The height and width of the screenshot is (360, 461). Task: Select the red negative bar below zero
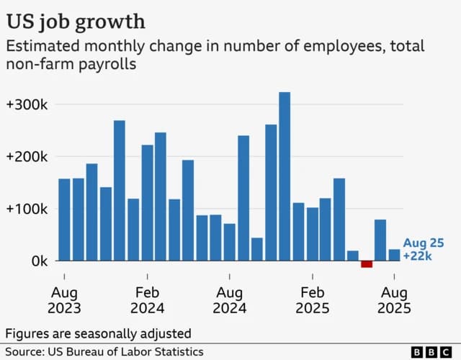coord(367,264)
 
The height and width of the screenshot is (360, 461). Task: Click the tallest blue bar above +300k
coord(285,176)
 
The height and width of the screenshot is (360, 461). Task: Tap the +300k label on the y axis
coord(27,104)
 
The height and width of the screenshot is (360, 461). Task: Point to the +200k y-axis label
coord(27,157)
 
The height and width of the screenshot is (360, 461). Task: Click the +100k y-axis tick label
coord(27,210)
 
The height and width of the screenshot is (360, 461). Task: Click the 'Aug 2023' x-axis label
coord(64,300)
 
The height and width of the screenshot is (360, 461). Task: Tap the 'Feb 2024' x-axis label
coord(147,300)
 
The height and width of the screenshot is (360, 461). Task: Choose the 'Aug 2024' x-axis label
coord(230,300)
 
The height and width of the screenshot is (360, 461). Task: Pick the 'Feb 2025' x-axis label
coord(313,300)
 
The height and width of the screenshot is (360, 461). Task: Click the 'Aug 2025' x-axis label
coord(394,300)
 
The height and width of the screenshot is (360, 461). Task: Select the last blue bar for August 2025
coord(394,255)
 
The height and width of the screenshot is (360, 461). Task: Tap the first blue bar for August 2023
coord(64,220)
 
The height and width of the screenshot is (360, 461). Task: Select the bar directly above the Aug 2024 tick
coord(230,242)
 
